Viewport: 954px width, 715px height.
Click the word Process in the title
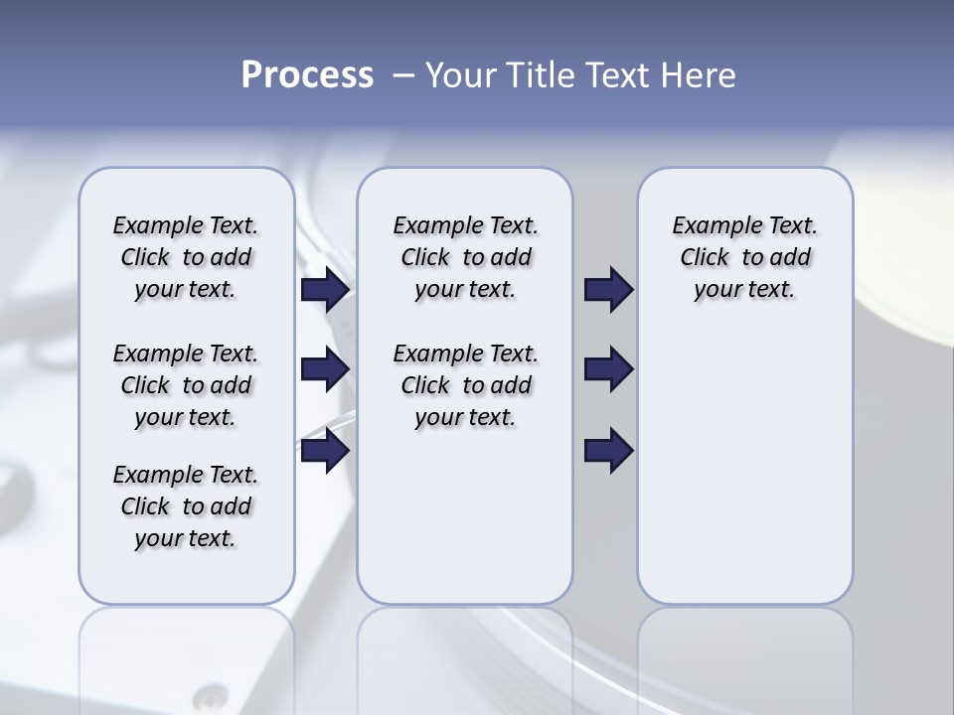[307, 75]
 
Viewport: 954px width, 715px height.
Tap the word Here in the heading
[700, 75]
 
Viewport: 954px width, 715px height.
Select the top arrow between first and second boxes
[325, 290]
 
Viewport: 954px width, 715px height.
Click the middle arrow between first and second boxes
[325, 369]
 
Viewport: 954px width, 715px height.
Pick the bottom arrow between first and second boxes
[325, 451]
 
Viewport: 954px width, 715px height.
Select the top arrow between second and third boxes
[608, 290]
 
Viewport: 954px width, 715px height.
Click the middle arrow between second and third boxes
[608, 369]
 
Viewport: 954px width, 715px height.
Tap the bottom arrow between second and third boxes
[608, 451]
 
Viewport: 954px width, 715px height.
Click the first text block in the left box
[186, 257]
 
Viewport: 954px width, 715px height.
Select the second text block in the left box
[186, 385]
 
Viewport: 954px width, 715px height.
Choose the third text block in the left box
[186, 506]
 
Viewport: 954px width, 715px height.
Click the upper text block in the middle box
[465, 257]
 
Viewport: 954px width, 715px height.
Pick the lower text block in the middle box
[465, 385]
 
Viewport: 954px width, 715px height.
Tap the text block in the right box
[744, 257]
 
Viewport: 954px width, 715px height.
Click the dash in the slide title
[403, 75]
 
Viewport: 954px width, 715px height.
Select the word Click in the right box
[705, 258]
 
